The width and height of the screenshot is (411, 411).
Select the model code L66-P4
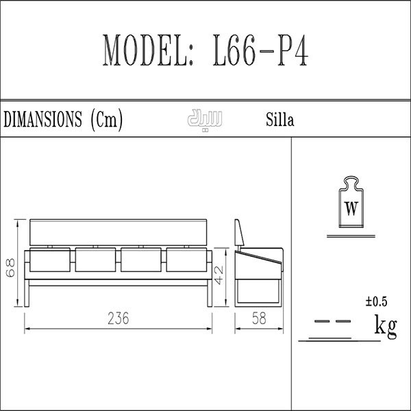click(260, 50)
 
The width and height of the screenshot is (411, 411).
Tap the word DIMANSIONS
click(42, 119)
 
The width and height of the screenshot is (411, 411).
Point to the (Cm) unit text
click(106, 120)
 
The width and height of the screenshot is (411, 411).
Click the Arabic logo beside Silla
click(205, 119)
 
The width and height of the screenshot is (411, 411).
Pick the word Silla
click(280, 120)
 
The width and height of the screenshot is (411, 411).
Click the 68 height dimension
click(11, 268)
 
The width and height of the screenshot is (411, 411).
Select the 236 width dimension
click(119, 319)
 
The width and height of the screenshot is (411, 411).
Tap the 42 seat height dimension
click(219, 275)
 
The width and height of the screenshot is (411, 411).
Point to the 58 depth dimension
click(259, 319)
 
